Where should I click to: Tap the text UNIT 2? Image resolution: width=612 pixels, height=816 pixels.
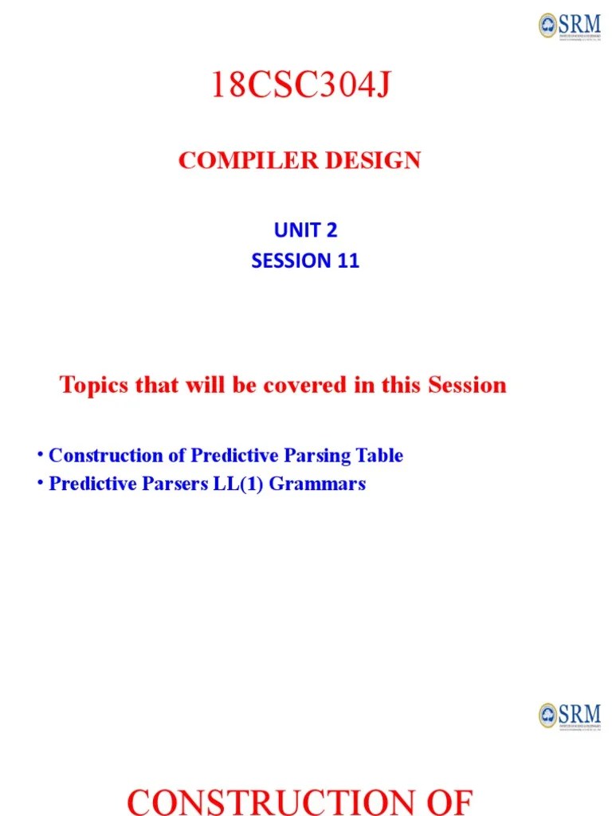point(305,230)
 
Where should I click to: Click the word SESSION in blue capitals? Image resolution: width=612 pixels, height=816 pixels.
point(290,261)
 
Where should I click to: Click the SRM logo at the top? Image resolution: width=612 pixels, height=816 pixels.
point(570,25)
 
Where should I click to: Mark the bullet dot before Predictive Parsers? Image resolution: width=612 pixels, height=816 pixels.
point(38,484)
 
